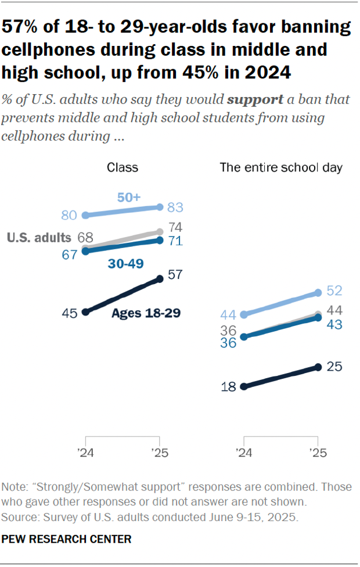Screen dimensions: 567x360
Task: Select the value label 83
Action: pos(175,207)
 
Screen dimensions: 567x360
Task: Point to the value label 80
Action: pos(69,216)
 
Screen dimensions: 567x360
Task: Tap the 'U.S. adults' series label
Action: pos(39,237)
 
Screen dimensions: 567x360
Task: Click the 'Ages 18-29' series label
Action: pos(146,313)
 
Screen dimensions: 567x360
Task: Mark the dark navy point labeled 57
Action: pos(160,279)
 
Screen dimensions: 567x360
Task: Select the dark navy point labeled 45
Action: pos(86,312)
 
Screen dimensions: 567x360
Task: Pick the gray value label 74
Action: pos(175,227)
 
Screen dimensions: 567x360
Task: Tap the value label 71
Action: pos(175,240)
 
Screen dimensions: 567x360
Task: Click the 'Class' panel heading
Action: pos(123,168)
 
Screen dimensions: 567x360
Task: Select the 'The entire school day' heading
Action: pos(280,168)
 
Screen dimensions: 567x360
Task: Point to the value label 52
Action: pos(334,290)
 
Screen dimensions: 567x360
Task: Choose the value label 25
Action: pos(334,367)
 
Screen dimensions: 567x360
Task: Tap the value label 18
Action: pos(229,386)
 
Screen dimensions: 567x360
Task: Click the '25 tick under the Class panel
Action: pos(160,451)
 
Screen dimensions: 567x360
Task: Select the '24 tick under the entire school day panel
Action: pos(244,451)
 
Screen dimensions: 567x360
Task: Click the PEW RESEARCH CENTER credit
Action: pos(67,539)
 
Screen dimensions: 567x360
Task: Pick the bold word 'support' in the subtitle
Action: pos(255,99)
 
